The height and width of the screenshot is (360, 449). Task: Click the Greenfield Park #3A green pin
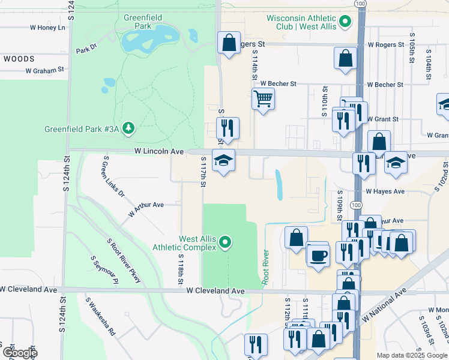click(128, 128)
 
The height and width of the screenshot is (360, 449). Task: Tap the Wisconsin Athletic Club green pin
click(345, 23)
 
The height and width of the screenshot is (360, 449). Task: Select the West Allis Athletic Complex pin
click(225, 242)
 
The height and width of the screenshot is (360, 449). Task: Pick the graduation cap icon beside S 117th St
click(223, 161)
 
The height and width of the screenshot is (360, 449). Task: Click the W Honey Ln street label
click(47, 28)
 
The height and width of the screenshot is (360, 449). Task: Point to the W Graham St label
click(44, 70)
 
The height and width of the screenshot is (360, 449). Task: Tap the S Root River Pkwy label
click(124, 260)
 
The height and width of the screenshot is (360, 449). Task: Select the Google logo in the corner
click(19, 352)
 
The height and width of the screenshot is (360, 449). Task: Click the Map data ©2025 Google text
click(411, 355)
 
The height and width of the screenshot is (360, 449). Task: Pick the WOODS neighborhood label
click(19, 59)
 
